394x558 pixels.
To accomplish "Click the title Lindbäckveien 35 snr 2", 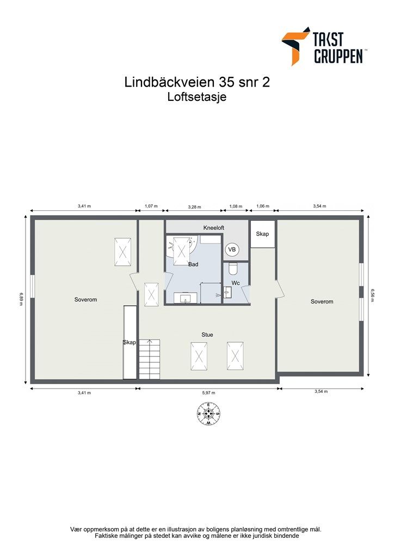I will tap(197, 82).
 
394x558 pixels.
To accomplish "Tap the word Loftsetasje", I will tap(196, 98).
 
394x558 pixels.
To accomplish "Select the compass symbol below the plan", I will tap(208, 414).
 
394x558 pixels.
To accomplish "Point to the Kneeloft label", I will tap(214, 228).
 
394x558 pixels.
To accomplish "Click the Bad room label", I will tap(193, 264).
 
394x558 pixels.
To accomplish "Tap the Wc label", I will tap(236, 283).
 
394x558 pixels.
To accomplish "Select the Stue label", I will tap(207, 335).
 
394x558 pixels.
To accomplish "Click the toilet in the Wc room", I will tap(233, 269).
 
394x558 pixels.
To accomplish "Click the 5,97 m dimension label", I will tap(208, 393).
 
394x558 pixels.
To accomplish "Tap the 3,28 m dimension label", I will tap(194, 207).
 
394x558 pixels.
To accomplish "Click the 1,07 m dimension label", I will tap(151, 207).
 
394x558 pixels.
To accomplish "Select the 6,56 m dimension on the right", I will tap(373, 296).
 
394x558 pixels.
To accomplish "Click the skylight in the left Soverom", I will tap(122, 252).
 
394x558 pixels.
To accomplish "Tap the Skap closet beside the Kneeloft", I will tap(263, 234).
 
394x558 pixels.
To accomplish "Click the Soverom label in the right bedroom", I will tap(322, 301).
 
